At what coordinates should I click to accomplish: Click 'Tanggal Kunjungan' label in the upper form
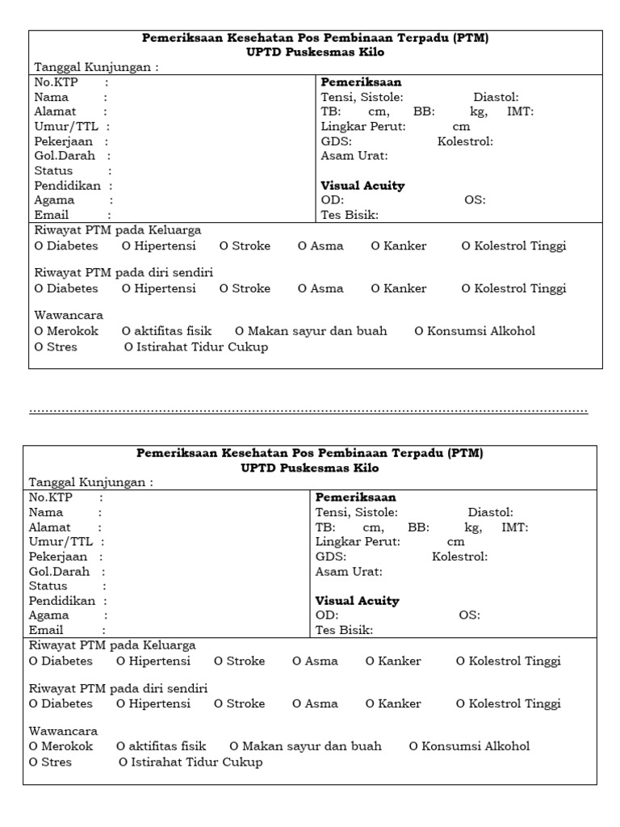(x=95, y=68)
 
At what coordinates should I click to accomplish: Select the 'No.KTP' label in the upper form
(x=53, y=82)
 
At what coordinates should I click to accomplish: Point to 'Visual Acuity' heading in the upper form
(x=362, y=186)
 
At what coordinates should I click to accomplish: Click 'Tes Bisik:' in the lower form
(x=344, y=630)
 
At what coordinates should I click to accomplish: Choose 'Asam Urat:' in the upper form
(x=354, y=156)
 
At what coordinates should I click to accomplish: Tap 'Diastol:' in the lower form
(x=490, y=512)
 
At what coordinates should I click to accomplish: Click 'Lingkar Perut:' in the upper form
(x=363, y=127)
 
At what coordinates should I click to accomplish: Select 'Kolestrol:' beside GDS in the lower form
(x=459, y=556)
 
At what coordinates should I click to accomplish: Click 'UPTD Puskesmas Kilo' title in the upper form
(x=316, y=52)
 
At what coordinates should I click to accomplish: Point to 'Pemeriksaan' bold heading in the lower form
(x=355, y=497)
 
